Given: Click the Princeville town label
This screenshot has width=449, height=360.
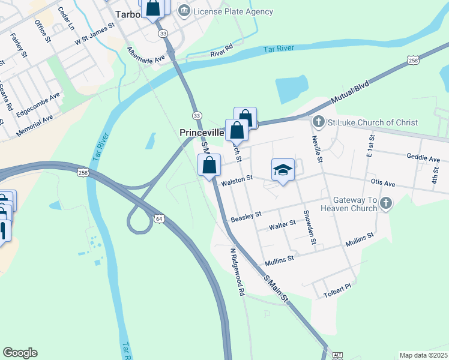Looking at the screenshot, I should [x=202, y=132].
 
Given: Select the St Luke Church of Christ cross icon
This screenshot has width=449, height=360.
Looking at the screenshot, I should [x=319, y=122].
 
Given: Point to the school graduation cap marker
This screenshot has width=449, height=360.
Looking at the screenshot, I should [x=283, y=170].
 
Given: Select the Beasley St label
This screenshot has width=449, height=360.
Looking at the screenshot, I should [x=246, y=214].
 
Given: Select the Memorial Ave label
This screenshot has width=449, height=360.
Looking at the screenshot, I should [x=35, y=125].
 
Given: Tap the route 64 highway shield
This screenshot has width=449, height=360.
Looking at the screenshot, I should [x=159, y=219].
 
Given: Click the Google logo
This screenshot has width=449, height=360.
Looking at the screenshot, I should [x=20, y=353].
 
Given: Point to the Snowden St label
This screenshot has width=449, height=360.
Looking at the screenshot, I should [x=310, y=227].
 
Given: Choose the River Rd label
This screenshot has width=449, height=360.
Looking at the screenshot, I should [x=221, y=50].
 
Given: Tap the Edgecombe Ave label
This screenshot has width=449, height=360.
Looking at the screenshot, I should [x=38, y=104].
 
